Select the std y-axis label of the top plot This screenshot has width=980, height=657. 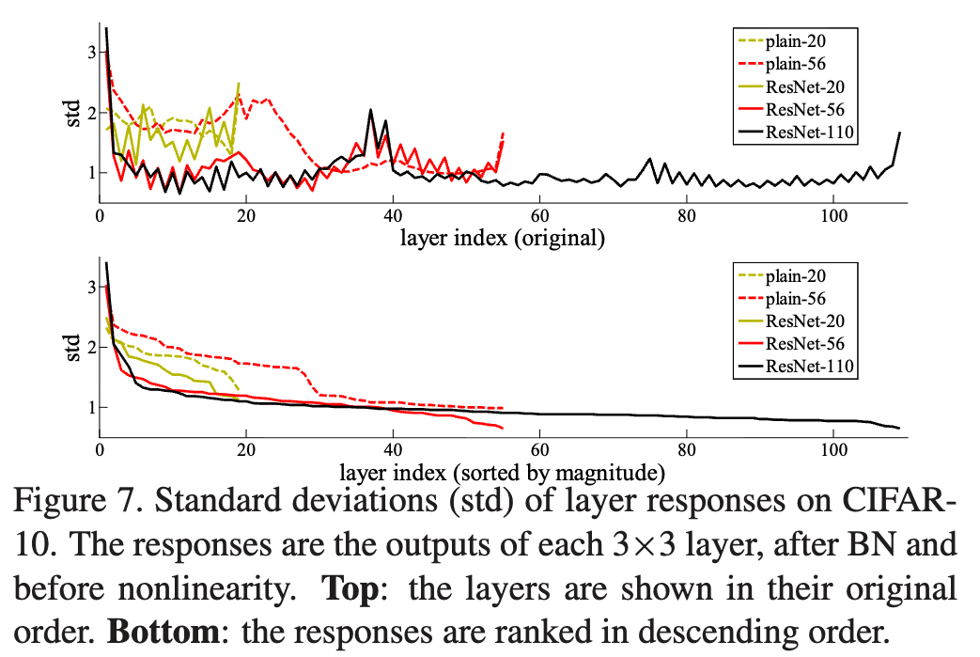pyautogui.click(x=76, y=112)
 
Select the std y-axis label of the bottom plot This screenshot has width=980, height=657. pyautogui.click(x=76, y=347)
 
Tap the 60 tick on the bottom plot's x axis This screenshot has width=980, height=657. pyautogui.click(x=540, y=449)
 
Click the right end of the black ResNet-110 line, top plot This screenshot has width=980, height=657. pyautogui.click(x=900, y=133)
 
